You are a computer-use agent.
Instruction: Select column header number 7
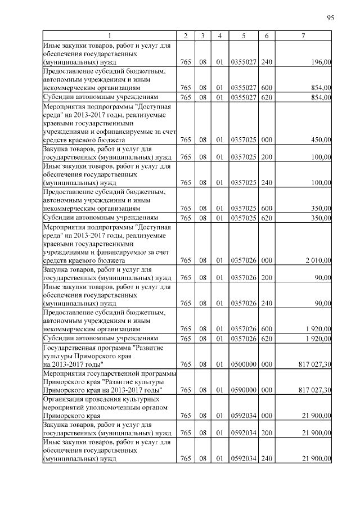tap(303, 36)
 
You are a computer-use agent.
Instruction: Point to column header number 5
tap(244, 36)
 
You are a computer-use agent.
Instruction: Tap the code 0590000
tap(244, 390)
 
